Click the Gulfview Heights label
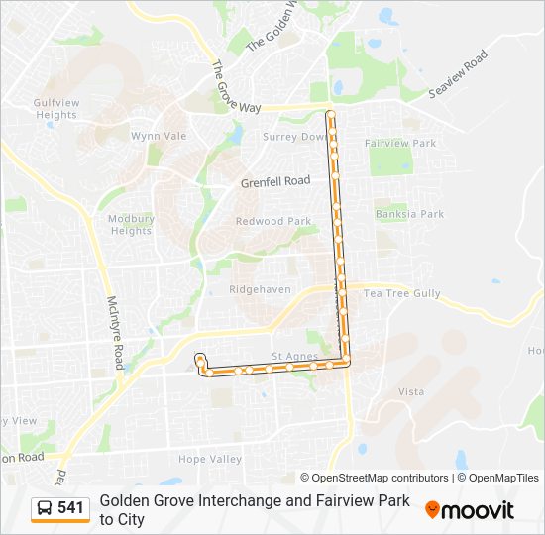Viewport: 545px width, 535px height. (x=54, y=108)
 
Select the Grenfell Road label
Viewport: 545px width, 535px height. (x=275, y=182)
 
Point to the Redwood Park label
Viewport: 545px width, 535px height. (x=273, y=221)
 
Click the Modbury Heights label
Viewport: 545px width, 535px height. (x=131, y=224)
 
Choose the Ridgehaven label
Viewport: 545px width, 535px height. (x=261, y=289)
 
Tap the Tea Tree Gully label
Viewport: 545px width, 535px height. (x=401, y=294)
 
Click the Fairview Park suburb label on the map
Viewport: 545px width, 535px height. (x=400, y=144)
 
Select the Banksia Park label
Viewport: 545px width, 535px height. (x=409, y=214)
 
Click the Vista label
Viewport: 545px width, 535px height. (x=410, y=392)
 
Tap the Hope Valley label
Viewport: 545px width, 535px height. (x=209, y=459)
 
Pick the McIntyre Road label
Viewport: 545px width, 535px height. (x=113, y=326)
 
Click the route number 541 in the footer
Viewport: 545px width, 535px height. (x=70, y=508)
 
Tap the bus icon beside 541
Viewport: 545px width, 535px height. (x=45, y=509)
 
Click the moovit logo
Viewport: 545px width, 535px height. (x=470, y=510)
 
